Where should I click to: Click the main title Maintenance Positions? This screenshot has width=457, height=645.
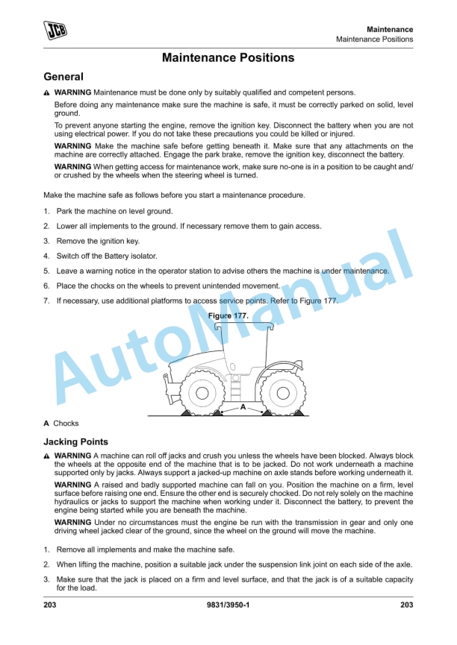tap(228, 57)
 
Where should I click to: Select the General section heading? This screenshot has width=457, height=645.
tap(63, 77)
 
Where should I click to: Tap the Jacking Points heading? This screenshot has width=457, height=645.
tap(75, 442)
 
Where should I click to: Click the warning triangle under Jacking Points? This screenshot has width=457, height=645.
tap(47, 456)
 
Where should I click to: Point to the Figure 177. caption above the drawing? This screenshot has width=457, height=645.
tap(228, 316)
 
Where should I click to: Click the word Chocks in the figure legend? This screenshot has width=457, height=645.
tap(66, 424)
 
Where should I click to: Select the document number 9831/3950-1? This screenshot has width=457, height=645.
tap(228, 604)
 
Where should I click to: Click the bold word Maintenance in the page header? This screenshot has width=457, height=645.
tap(389, 29)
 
